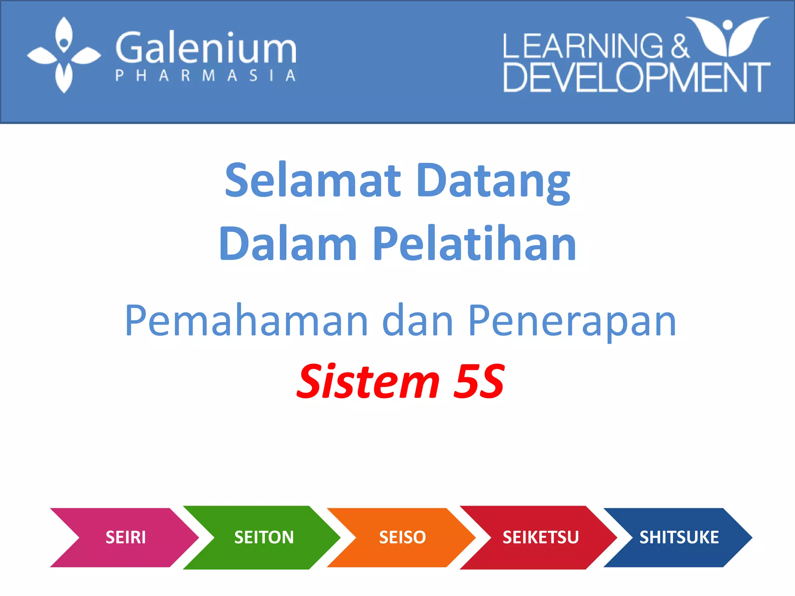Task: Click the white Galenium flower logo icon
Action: (64, 55)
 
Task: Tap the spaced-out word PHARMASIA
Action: (206, 75)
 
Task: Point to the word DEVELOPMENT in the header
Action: (637, 78)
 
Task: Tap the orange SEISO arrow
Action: (402, 537)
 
